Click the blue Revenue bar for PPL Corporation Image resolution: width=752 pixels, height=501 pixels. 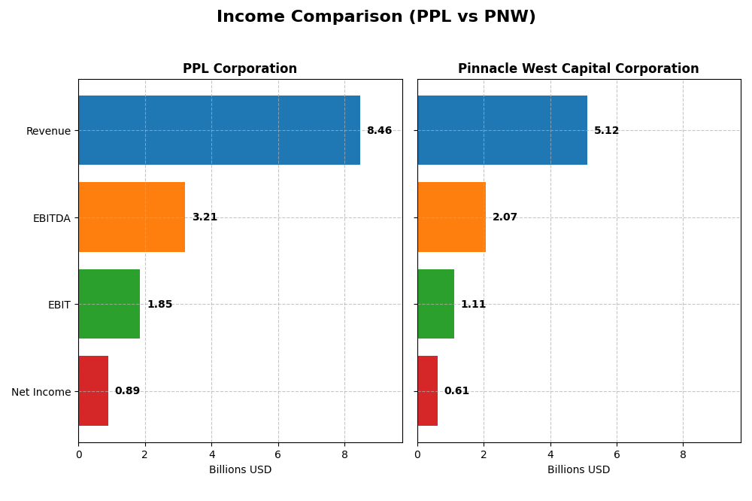(x=219, y=130)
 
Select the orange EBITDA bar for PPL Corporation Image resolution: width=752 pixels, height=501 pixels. (x=132, y=217)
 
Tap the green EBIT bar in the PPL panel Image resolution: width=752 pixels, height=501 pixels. (x=109, y=304)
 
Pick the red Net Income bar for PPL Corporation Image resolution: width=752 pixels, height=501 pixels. (x=93, y=391)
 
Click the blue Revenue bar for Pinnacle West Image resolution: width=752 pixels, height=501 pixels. (x=502, y=130)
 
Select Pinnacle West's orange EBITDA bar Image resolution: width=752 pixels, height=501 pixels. (x=451, y=217)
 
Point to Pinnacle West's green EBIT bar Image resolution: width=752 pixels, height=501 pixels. (x=435, y=304)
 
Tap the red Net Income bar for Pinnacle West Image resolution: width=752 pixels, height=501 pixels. (x=427, y=391)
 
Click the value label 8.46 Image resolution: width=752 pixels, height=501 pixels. (x=379, y=130)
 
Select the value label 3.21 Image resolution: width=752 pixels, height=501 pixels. (x=205, y=217)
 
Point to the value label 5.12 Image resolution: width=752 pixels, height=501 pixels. (x=606, y=130)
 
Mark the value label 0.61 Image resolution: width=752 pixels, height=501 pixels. (x=456, y=391)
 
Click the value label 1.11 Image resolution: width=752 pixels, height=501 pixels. (x=473, y=304)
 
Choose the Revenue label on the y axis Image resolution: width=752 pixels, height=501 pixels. (x=48, y=131)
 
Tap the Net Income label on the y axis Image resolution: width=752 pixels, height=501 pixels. (x=41, y=392)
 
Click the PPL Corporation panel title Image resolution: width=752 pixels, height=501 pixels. (x=240, y=68)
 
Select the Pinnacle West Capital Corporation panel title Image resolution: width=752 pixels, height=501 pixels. (x=578, y=68)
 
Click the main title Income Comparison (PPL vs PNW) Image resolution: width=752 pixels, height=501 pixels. (x=376, y=17)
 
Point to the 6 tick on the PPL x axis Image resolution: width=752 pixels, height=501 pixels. (x=278, y=454)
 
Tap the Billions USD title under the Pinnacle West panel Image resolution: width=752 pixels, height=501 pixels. (x=578, y=469)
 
